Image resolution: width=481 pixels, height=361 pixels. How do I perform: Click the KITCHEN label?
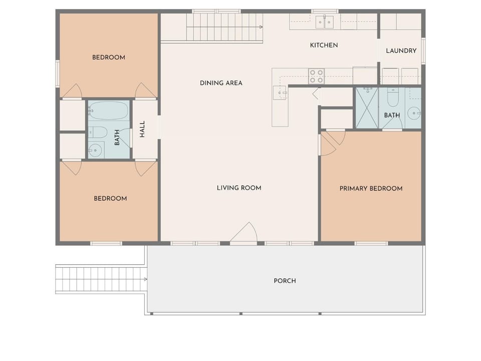324,45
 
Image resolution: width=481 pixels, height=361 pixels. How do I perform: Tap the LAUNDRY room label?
401,51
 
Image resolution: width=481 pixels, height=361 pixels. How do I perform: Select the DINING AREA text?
221,83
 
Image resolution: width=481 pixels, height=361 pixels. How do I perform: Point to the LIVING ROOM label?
239,188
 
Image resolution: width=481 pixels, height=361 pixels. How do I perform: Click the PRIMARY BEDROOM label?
371,189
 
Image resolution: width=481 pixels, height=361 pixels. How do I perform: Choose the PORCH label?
285,281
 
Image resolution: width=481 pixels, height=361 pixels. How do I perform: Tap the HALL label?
142,129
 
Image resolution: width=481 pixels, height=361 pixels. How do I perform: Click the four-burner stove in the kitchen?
316,76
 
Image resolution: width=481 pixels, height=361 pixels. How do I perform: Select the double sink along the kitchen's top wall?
325,22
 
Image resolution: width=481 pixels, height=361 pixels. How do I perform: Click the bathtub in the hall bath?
108,110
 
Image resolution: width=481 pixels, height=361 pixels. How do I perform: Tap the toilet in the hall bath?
98,132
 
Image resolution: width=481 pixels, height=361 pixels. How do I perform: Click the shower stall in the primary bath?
367,108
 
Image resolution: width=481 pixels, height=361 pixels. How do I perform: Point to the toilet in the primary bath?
393,97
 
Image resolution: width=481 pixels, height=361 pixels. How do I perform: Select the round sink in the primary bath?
414,113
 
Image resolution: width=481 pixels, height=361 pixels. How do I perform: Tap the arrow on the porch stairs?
145,279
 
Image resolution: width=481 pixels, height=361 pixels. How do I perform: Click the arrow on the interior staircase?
261,27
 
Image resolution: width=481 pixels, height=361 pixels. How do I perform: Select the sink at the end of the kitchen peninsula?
280,93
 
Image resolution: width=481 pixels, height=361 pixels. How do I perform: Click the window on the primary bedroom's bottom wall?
371,244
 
